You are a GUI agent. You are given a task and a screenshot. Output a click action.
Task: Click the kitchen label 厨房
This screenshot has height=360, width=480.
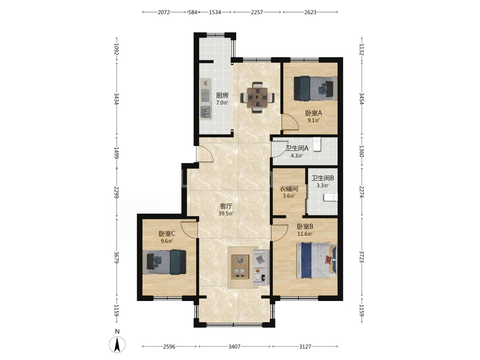(x=222, y=95)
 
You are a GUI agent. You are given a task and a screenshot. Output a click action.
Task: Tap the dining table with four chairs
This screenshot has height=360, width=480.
(x=257, y=97)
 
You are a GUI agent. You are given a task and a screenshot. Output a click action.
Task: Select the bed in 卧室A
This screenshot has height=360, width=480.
(x=315, y=88)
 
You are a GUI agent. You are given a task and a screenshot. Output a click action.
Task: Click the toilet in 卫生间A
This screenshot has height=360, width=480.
(x=317, y=144)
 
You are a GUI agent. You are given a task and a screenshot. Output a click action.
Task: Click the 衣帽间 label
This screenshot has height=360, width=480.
(x=289, y=189)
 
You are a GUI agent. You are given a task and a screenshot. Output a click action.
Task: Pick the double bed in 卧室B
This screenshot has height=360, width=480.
(x=317, y=260)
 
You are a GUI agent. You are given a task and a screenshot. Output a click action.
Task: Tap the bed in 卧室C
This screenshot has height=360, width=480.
(x=164, y=262)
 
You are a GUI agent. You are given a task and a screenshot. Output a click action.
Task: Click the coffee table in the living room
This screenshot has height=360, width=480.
(x=240, y=267)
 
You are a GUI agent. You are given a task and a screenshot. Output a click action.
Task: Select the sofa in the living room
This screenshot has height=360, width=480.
(x=261, y=267)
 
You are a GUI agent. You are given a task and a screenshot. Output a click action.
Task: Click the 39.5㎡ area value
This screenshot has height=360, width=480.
(x=226, y=213)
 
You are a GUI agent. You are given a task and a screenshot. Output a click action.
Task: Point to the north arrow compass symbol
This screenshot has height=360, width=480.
(x=117, y=345)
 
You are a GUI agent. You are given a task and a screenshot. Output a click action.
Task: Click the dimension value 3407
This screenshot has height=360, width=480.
(x=234, y=346)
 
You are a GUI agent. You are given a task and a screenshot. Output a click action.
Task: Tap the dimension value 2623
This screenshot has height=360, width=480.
(x=310, y=12)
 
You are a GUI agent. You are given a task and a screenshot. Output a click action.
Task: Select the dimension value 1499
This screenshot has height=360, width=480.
(x=117, y=153)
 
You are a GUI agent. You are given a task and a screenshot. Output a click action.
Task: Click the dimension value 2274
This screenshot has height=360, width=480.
(x=362, y=192)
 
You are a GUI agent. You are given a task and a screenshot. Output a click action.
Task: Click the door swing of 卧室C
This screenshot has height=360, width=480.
(x=189, y=229)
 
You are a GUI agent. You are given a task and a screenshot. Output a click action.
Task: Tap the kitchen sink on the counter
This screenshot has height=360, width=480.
(x=52, y=112)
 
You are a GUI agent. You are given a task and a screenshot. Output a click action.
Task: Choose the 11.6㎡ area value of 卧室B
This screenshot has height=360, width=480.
(x=305, y=234)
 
